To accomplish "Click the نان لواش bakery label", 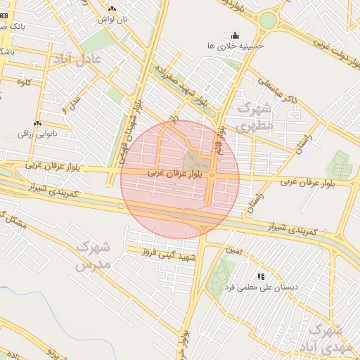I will point(112,19).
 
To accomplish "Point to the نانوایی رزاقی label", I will point(37,133).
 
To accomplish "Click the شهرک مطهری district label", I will point(254,117).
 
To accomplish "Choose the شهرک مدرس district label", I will point(92,257).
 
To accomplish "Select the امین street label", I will point(233,250).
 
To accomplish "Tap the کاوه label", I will point(22,82).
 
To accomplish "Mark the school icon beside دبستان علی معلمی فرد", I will point(261,277).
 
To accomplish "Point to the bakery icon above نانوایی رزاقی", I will point(37,123).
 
